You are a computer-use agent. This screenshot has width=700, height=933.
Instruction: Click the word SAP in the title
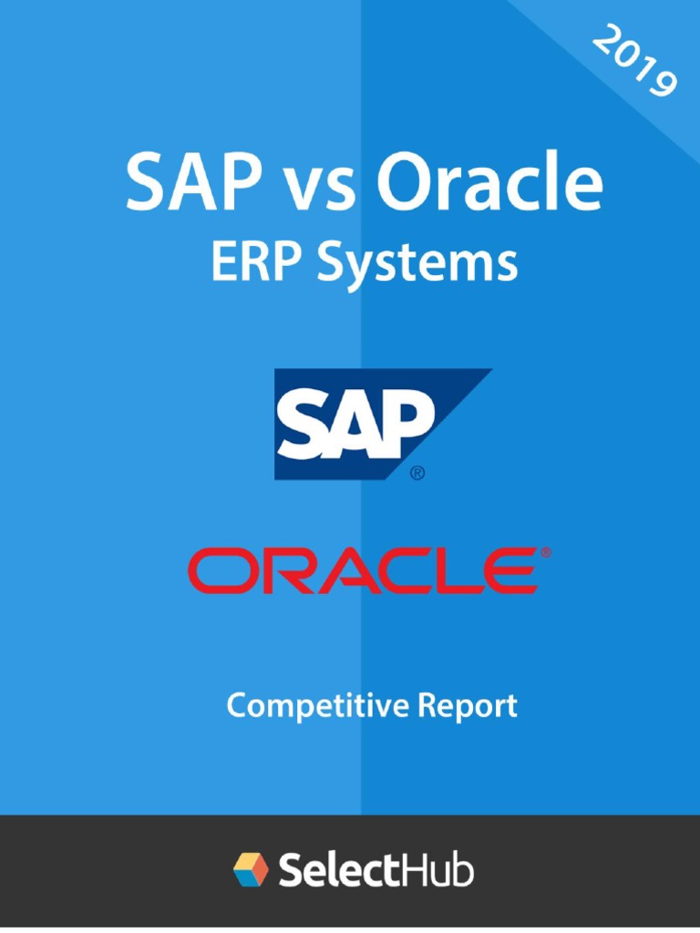pos(180,184)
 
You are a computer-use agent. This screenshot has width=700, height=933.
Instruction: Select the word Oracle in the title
pos(489,184)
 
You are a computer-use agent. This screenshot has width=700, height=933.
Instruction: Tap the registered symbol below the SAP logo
pos(417,473)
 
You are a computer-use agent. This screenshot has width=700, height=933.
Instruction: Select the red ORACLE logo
pos(362,569)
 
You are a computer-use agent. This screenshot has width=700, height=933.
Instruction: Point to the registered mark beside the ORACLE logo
pos(545,552)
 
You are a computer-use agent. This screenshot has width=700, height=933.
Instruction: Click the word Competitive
pos(303,707)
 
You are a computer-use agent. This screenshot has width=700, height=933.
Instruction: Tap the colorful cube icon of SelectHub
pos(252,869)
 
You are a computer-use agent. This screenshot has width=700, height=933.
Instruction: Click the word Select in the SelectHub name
pos(339,870)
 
